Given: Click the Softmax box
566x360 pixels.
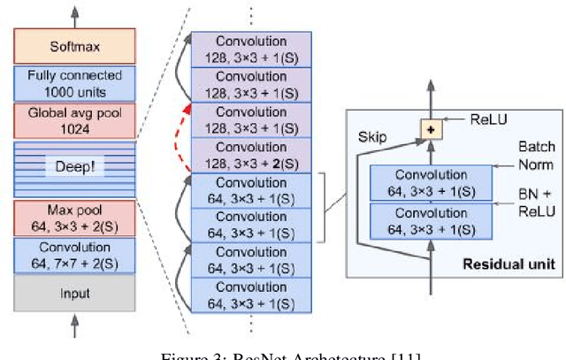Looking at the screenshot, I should pos(74,46).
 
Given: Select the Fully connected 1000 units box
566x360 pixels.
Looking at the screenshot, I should pos(74,83).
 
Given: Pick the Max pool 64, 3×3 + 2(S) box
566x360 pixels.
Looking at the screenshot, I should pos(74,218).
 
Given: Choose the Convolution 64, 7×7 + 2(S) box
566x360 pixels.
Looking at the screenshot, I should pos(74,255).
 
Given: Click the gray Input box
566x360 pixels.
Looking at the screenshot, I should pos(74,293).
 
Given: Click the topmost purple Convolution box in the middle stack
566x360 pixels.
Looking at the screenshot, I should pos(253,48).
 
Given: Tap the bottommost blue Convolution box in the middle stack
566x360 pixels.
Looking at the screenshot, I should pos(253,295).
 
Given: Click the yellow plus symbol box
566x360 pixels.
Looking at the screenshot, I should pos(432,130).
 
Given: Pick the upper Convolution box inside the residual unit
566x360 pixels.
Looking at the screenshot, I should pos(431,182).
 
